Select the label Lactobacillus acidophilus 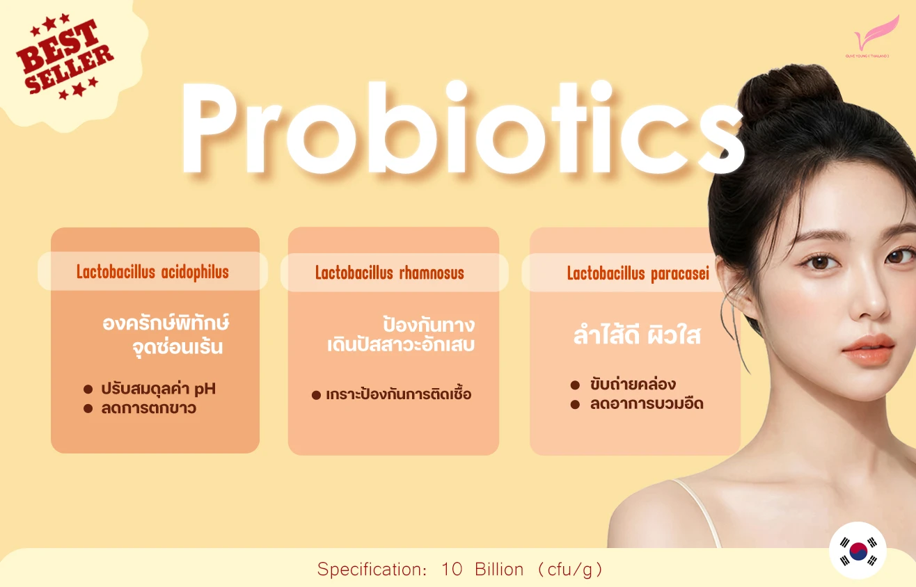pyautogui.click(x=152, y=272)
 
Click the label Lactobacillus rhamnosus pyautogui.click(x=389, y=273)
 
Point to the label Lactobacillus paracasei pyautogui.click(x=638, y=273)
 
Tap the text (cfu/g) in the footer pyautogui.click(x=570, y=570)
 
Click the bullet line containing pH pyautogui.click(x=158, y=389)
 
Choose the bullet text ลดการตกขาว pyautogui.click(x=148, y=408)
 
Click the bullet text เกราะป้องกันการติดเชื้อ pyautogui.click(x=398, y=394)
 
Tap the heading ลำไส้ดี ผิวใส pyautogui.click(x=636, y=337)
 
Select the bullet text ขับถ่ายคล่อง pyautogui.click(x=632, y=385)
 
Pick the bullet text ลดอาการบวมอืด pyautogui.click(x=646, y=404)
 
